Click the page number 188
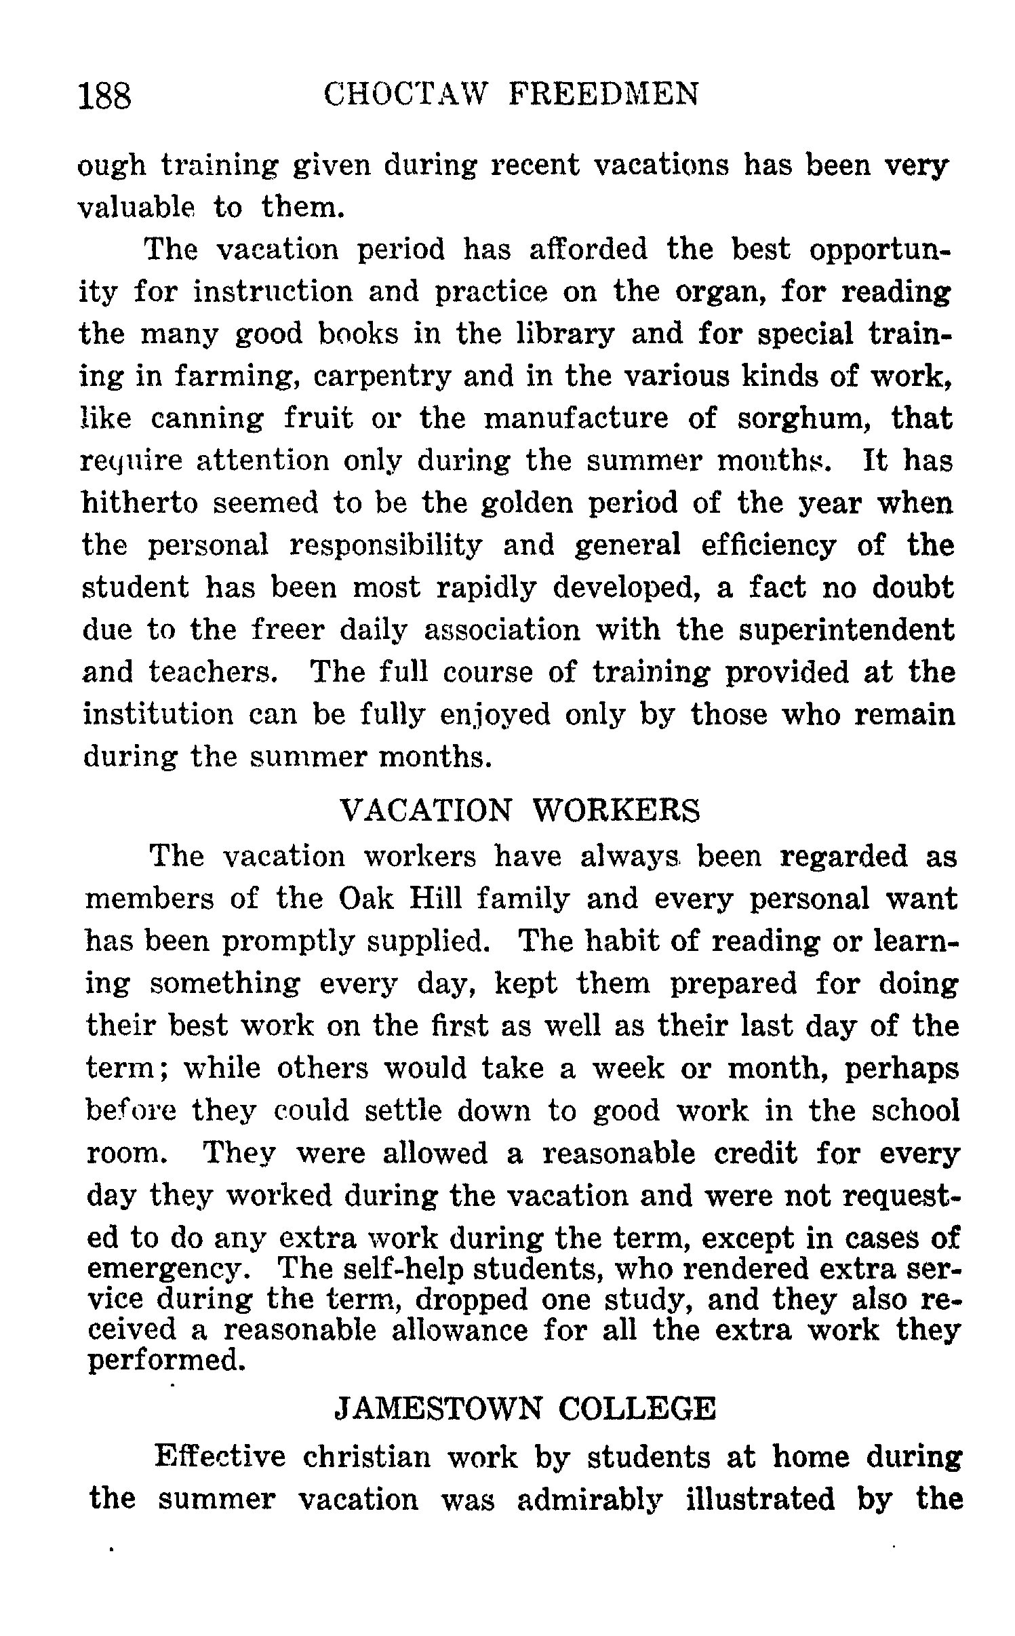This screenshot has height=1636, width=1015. click(105, 95)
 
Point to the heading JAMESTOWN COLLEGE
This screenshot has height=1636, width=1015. click(525, 1409)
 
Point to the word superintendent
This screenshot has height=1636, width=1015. click(845, 630)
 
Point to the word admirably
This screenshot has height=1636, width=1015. click(588, 1499)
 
